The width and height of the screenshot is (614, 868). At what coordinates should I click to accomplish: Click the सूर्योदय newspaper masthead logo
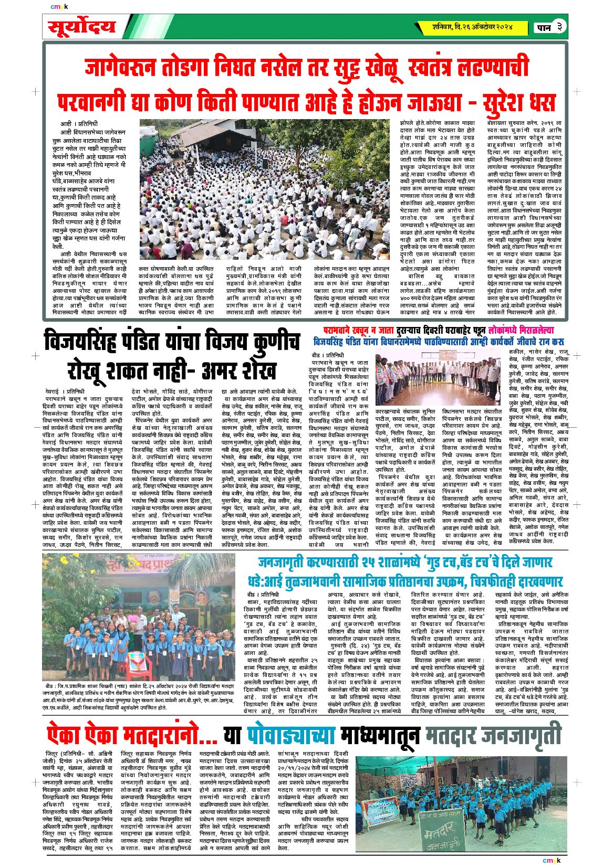[x=81, y=27]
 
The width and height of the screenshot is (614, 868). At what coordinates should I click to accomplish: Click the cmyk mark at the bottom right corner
[x=551, y=860]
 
